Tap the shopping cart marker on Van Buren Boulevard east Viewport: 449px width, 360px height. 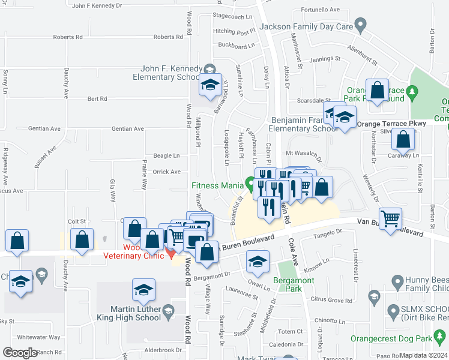[391, 220]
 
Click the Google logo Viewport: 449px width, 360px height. [20, 353]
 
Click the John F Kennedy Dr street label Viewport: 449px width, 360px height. [96, 6]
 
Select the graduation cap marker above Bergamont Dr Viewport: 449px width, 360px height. [258, 262]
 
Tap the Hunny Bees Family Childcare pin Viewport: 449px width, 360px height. [396, 281]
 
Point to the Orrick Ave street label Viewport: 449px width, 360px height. [167, 172]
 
